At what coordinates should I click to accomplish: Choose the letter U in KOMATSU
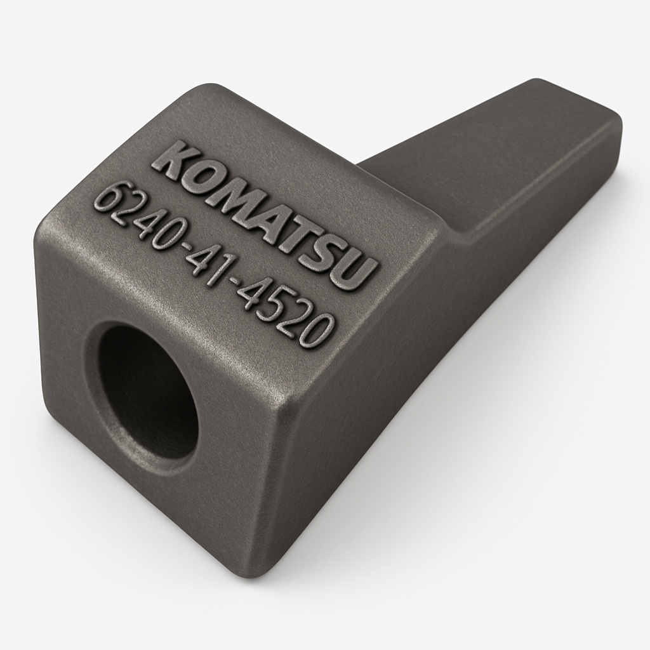pyautogui.click(x=357, y=274)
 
